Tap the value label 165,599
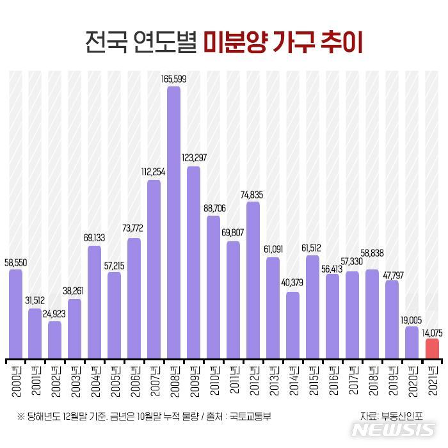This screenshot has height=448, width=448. (173, 79)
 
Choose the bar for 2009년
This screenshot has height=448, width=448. (193, 262)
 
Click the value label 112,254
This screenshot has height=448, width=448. (154, 172)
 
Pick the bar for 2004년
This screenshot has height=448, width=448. (94, 301)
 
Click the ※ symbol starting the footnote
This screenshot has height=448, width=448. (20, 415)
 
